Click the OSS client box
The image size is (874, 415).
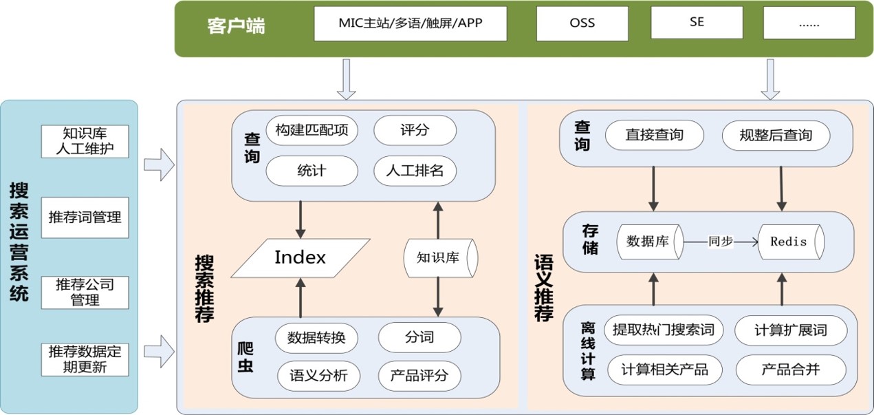click(582, 23)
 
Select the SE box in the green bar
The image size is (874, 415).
click(697, 22)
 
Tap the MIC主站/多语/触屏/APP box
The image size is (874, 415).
click(411, 23)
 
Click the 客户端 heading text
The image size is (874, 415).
click(236, 25)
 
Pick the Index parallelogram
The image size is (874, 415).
click(301, 258)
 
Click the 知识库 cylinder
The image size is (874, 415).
click(441, 258)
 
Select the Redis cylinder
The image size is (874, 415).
click(791, 242)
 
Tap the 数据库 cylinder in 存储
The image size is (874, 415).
click(650, 242)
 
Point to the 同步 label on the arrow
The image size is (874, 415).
click(721, 242)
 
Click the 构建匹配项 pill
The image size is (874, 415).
click(312, 130)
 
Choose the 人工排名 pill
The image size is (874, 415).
click(415, 171)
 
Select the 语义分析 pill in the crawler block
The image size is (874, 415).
click(319, 376)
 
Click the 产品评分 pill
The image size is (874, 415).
click(419, 376)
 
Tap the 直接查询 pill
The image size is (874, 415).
click(655, 135)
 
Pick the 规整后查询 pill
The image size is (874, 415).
click(776, 136)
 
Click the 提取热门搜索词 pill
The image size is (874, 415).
click(664, 330)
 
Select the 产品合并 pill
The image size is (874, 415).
click(791, 370)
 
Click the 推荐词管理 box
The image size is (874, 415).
click(85, 217)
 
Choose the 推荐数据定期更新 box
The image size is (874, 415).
click(85, 359)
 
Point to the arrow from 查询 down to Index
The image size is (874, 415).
click(301, 220)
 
